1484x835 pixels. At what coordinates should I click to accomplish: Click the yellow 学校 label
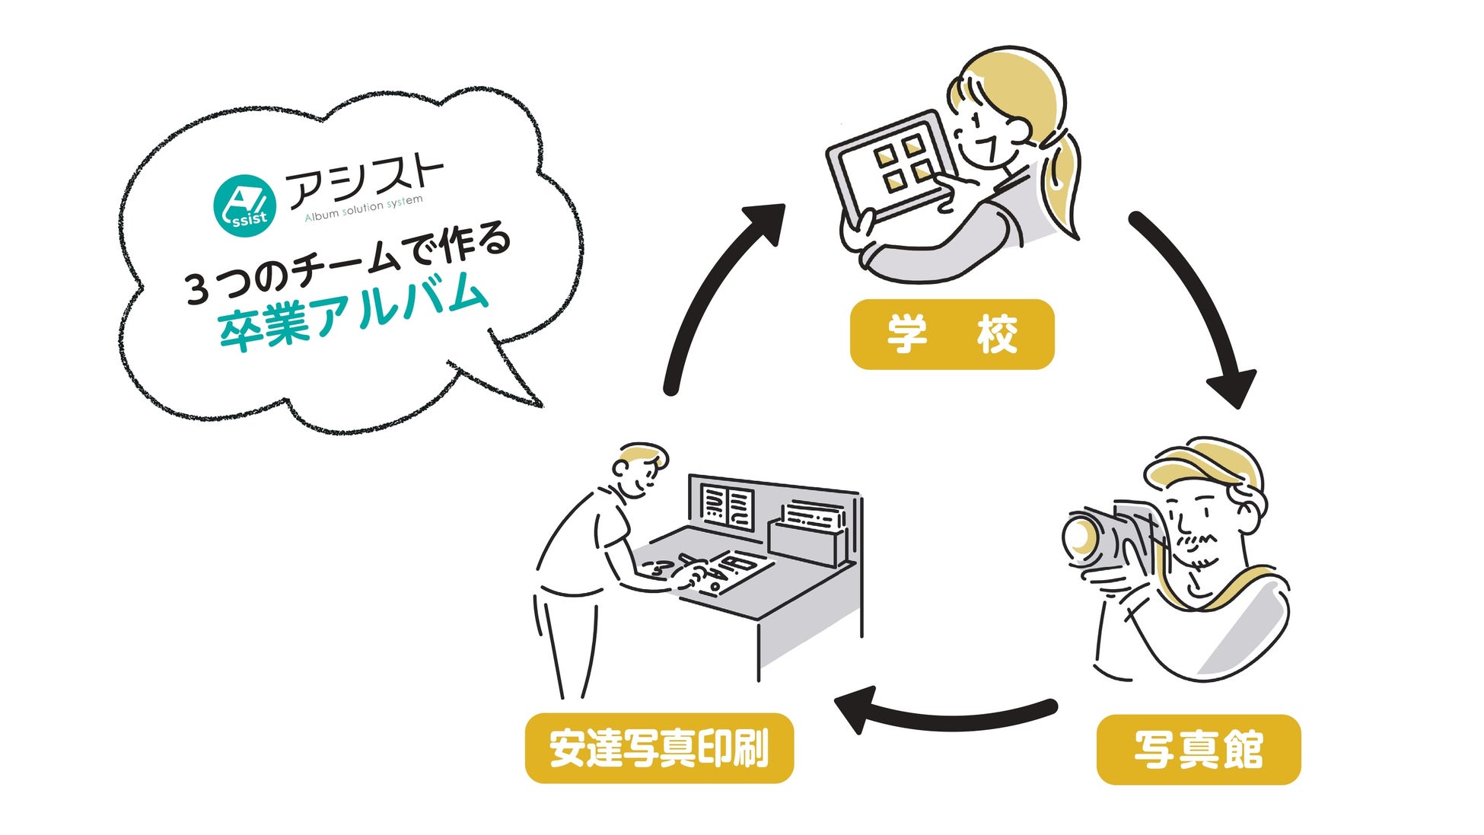951,334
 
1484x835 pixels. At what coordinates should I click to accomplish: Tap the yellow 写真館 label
1198,749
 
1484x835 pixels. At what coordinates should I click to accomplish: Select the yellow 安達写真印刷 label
659,747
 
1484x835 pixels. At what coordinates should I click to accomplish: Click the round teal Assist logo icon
244,205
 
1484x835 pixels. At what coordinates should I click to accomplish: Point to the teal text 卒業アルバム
352,312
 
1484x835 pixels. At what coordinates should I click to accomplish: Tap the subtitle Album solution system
363,208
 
